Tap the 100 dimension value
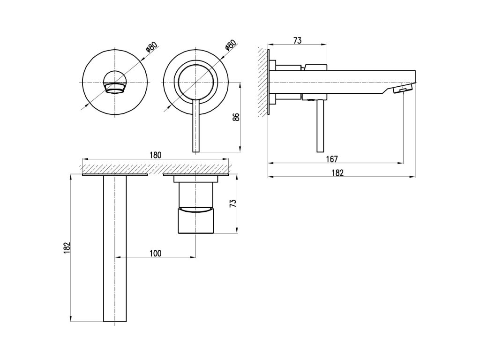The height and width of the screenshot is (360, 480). (x=155, y=253)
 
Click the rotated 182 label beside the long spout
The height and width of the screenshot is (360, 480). (x=67, y=248)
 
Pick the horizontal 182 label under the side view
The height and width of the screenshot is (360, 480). (x=337, y=172)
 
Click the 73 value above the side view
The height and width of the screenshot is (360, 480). (x=297, y=41)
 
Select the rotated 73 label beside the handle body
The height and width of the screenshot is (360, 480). (x=232, y=204)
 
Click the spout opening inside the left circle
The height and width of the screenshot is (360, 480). (x=115, y=88)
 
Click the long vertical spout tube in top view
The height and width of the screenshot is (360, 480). (x=115, y=248)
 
